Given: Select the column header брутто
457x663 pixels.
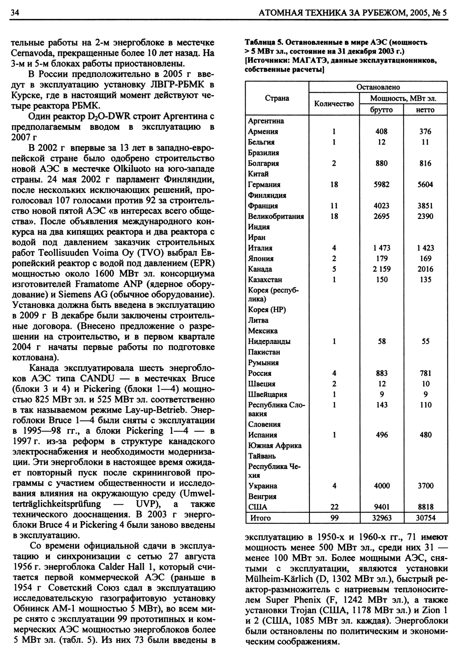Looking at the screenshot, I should pos(381,110).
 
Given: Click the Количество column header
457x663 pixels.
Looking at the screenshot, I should pos(334,104).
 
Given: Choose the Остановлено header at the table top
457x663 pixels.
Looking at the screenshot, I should pos(378,87).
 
